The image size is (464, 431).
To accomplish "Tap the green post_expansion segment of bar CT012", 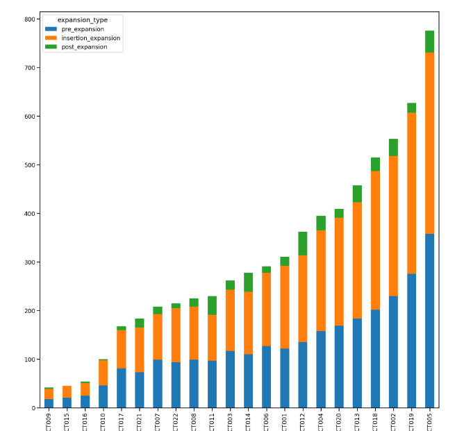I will pyautogui.click(x=303, y=244).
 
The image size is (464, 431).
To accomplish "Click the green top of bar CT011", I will pyautogui.click(x=212, y=305).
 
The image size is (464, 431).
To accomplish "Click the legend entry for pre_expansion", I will pyautogui.click(x=82, y=29).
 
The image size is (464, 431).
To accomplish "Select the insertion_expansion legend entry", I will pyautogui.click(x=90, y=38).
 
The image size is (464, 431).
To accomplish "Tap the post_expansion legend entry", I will pyautogui.click(x=83, y=47).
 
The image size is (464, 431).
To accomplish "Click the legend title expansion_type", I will pyautogui.click(x=82, y=20).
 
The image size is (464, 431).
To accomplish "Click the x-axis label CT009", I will pyautogui.click(x=49, y=421).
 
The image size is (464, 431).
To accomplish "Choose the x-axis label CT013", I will pyautogui.click(x=358, y=421).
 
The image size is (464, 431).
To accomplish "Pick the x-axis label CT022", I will pyautogui.click(x=176, y=421).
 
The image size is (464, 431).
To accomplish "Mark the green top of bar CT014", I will pyautogui.click(x=248, y=282).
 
